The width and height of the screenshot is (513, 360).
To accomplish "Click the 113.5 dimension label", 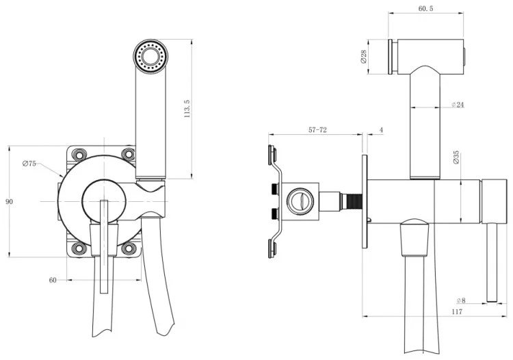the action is (x=187, y=109).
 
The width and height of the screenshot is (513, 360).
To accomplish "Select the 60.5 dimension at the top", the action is (x=425, y=9).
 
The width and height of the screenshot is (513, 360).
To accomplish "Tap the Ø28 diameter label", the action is (x=363, y=57).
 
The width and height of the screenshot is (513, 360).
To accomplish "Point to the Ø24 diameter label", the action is (x=458, y=105).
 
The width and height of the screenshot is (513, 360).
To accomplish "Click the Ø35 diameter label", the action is (x=456, y=157).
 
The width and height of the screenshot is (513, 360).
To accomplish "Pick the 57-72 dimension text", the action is (x=317, y=130).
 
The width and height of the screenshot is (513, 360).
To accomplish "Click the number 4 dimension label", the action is (x=381, y=130).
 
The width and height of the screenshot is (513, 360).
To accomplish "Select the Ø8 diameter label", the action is (x=461, y=300).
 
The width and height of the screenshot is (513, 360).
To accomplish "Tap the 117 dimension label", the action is (x=457, y=312).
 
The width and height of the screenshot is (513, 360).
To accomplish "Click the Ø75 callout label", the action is (x=29, y=164).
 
